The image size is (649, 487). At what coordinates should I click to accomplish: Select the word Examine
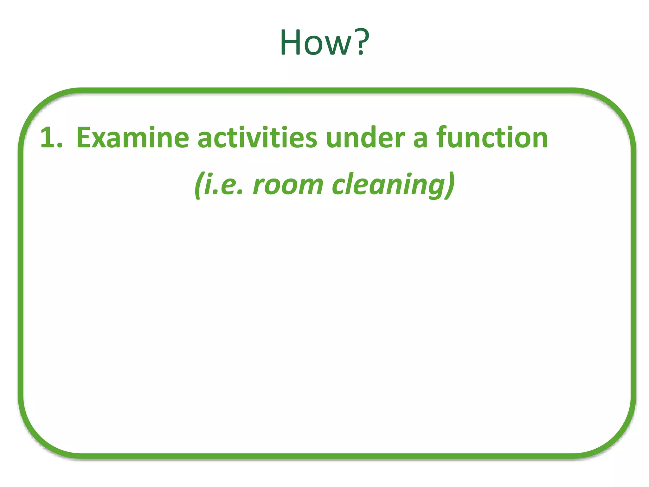pos(132,138)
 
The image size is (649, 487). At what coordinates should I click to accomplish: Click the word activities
pos(257,138)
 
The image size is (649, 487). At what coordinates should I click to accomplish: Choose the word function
pos(492,138)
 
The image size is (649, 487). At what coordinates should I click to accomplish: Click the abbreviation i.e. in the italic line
pos(223,185)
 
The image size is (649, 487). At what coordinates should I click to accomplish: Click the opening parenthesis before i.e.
pos(198,185)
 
